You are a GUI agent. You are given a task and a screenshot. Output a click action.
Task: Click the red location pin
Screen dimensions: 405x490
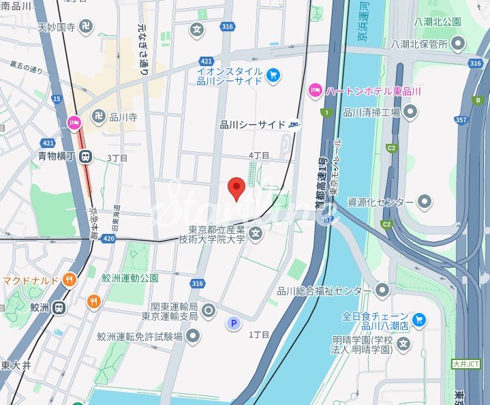[236, 188]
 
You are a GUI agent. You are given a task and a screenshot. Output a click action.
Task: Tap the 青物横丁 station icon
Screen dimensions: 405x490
[85, 157]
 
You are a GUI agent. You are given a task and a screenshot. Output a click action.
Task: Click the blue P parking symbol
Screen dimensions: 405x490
[233, 323]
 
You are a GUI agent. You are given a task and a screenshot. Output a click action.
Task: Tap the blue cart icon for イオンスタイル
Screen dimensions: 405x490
[273, 74]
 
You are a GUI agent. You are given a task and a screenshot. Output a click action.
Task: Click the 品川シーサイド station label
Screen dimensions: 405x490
[253, 125]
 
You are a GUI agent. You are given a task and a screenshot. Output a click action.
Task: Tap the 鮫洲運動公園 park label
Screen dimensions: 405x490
[130, 277]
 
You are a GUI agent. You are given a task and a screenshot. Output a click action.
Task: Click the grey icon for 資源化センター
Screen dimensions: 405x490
[425, 202]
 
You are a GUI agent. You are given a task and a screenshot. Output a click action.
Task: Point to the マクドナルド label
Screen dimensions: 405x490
[31, 280]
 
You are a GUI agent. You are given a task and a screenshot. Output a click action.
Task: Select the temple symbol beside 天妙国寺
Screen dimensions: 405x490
[85, 27]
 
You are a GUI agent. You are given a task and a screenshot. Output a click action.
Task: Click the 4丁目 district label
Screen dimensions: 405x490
[259, 155]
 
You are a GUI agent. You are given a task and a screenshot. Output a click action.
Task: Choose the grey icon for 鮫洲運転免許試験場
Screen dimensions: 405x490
[194, 335]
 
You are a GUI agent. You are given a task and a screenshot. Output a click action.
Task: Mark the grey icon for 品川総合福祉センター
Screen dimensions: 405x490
[382, 291]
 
